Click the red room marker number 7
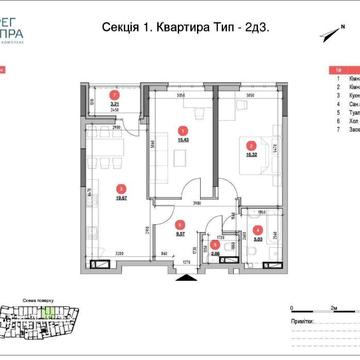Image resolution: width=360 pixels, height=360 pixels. tap(115, 97)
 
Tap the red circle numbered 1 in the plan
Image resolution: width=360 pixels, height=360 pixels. tap(181, 129)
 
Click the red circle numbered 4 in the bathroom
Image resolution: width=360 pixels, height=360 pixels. tap(257, 232)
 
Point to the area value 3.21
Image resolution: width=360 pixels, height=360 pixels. tap(115, 104)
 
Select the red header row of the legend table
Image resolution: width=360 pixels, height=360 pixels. tap(345, 70)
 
